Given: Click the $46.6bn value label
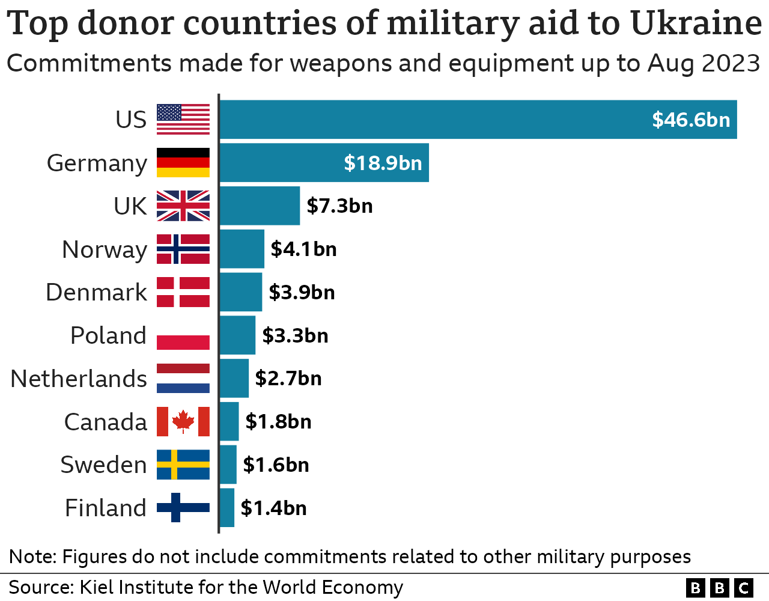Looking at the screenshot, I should coord(691,120).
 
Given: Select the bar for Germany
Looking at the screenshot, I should coord(324,163).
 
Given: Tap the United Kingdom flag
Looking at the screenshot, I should coord(183,206).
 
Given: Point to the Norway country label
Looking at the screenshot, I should coord(105,249).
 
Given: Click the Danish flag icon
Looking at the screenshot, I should coord(183,292).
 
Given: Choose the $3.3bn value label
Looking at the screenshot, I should coord(295,335).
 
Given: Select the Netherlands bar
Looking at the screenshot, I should coord(234,378).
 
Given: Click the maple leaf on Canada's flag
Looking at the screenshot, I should coord(183,421).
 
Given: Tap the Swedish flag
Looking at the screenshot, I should coord(183,465).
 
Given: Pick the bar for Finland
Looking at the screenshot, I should coord(226,508).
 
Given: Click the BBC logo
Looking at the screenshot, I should coord(719,587).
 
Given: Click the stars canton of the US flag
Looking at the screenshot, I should coord(169,112).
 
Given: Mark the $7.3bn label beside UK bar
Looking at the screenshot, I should coord(339,206).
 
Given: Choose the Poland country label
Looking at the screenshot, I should coord(108,335).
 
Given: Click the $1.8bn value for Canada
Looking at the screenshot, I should coord(278,421).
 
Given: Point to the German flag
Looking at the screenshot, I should coord(183,163).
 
